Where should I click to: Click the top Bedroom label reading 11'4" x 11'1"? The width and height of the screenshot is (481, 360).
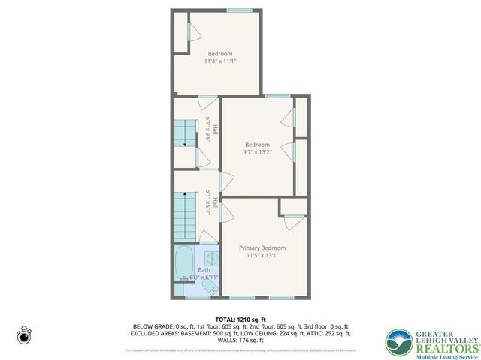pyautogui.click(x=219, y=58)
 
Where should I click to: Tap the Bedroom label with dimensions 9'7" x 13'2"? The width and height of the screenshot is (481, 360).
pyautogui.click(x=256, y=148)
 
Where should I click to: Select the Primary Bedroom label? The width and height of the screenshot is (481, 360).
pyautogui.click(x=262, y=251)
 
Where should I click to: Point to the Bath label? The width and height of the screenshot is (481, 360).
pyautogui.click(x=204, y=270)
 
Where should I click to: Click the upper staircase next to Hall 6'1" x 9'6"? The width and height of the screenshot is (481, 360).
pyautogui.click(x=186, y=135)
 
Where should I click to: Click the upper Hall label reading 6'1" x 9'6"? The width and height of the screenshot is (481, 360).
pyautogui.click(x=210, y=131)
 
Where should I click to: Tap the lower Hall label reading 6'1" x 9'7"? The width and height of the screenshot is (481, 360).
pyautogui.click(x=210, y=203)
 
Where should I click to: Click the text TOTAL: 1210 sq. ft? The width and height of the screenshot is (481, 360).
pyautogui.click(x=241, y=319)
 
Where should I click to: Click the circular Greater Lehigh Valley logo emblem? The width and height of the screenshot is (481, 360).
pyautogui.click(x=398, y=343)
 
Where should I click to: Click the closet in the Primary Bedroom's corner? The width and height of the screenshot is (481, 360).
pyautogui.click(x=290, y=206)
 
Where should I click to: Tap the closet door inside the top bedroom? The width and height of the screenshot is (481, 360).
pyautogui.click(x=189, y=34)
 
